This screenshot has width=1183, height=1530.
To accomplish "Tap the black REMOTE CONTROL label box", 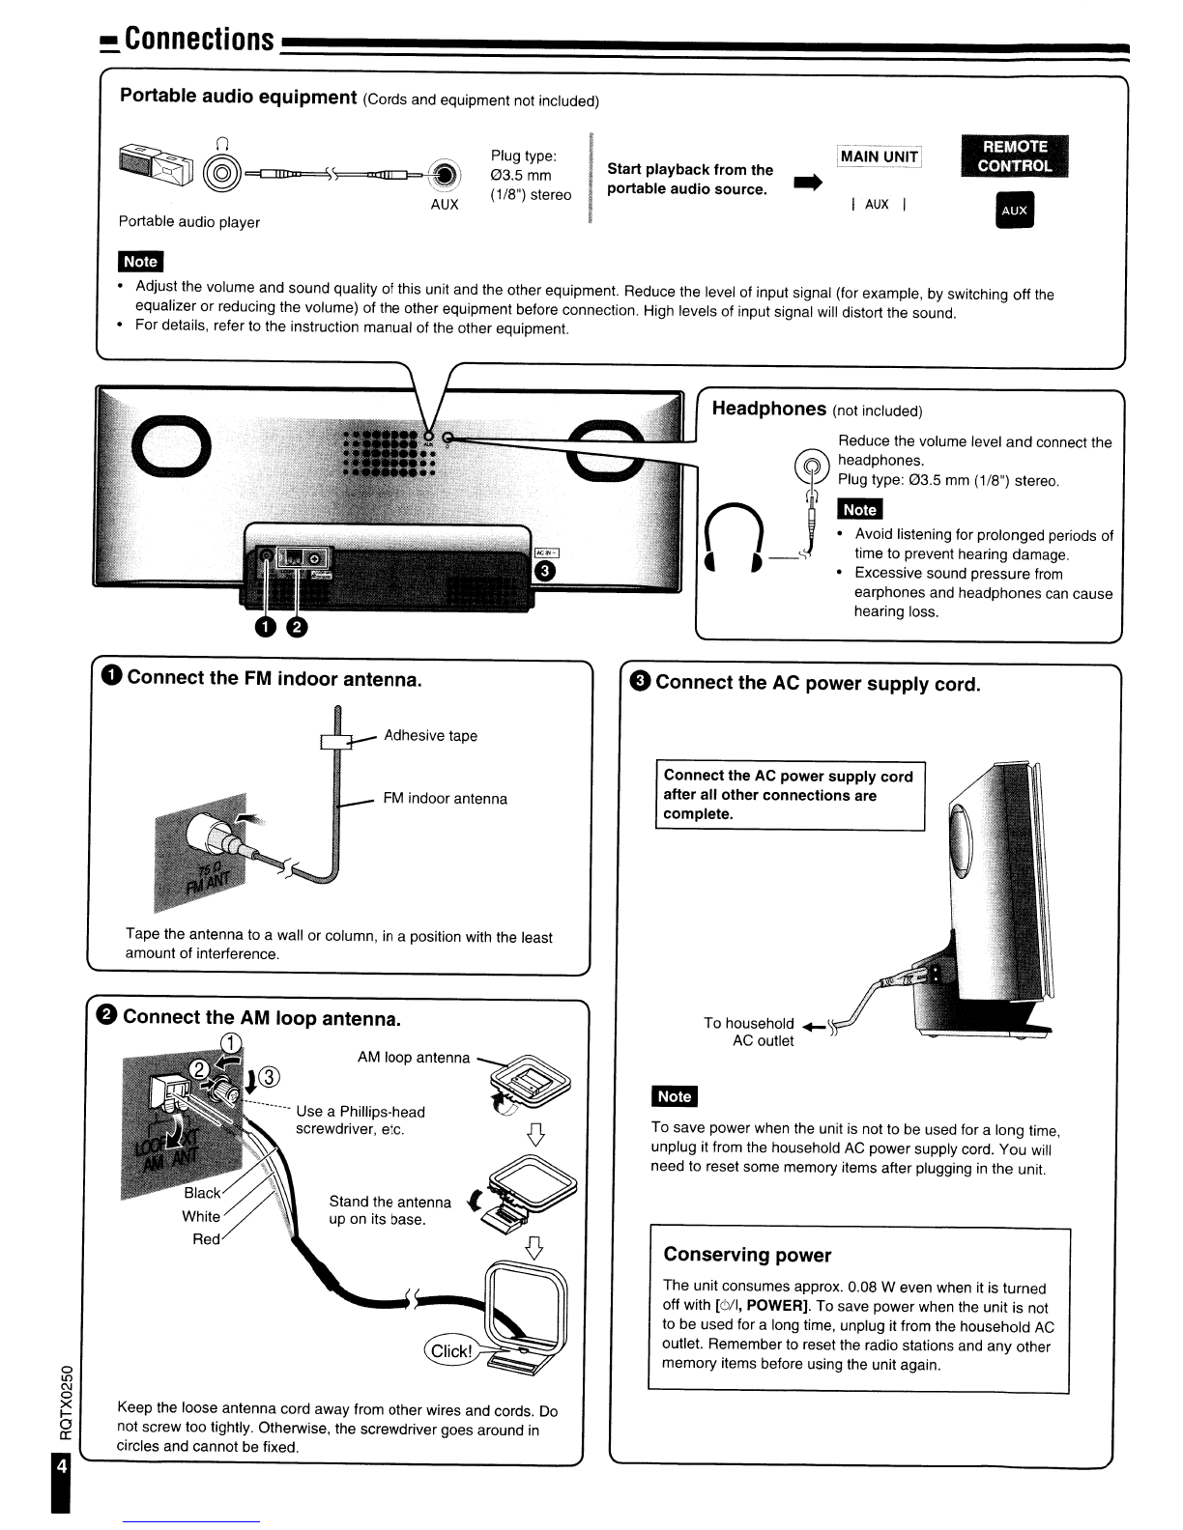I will click(1014, 156).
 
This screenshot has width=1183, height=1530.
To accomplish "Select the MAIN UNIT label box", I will click(879, 156).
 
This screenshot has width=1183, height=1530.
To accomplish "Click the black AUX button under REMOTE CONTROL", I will click(1014, 211).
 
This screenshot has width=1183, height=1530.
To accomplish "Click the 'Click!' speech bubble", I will click(450, 1350).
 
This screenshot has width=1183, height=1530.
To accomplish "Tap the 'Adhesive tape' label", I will click(430, 736).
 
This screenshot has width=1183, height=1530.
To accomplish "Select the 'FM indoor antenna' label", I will click(445, 799).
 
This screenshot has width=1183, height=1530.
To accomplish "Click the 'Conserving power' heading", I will click(747, 1255).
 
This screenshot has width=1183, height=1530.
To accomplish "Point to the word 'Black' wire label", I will click(202, 1193).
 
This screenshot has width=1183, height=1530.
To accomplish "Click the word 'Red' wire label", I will click(206, 1239).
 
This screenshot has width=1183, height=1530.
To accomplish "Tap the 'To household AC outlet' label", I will click(749, 1032).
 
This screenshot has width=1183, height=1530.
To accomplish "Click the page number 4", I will click(62, 1466).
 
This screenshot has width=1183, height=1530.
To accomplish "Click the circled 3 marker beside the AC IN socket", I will click(545, 571).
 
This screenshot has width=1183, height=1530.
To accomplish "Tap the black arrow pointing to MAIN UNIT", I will click(808, 182).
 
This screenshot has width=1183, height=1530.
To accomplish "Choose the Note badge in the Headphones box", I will click(859, 510).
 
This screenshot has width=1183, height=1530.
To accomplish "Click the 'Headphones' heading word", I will click(768, 409).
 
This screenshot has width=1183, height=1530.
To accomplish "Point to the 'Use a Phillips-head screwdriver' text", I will click(360, 1120).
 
